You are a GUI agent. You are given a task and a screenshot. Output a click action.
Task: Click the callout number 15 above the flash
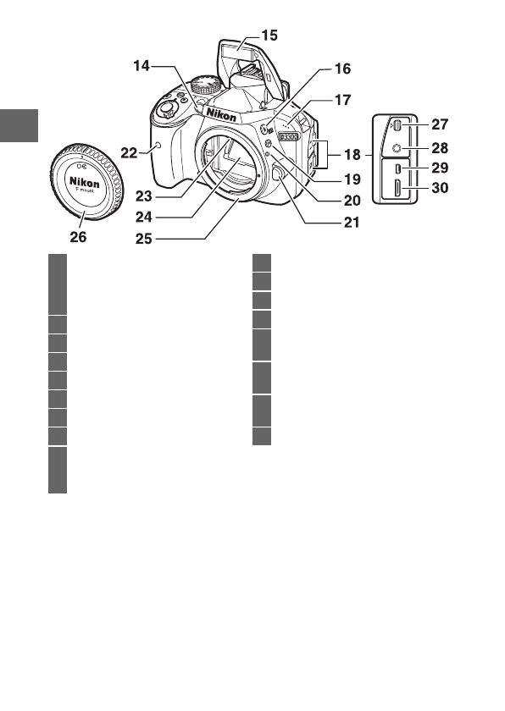click(269, 36)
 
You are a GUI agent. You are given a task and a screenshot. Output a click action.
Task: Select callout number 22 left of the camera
click(129, 152)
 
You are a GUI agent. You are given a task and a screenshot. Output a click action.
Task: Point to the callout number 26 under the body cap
click(78, 238)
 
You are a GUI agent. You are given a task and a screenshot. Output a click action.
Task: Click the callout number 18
click(350, 156)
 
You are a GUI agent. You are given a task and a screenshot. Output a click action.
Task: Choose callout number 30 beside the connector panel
click(439, 189)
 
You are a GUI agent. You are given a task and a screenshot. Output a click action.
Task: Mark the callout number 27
click(439, 124)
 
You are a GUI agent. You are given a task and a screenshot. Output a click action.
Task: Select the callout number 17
click(341, 100)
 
